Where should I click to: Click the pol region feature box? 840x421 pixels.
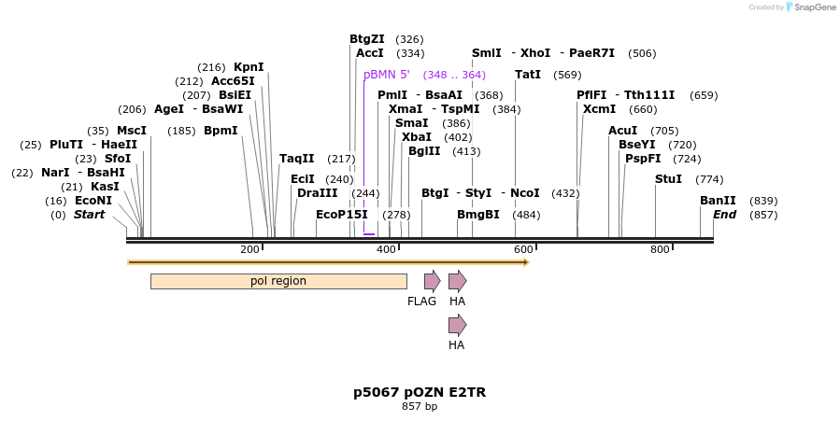[278, 281]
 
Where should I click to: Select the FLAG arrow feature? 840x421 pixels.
[432, 281]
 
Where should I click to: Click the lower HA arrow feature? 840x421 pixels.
[457, 325]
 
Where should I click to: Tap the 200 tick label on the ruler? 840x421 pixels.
[249, 249]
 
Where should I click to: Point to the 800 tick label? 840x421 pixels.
[660, 249]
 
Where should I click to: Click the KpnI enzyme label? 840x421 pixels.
[249, 67]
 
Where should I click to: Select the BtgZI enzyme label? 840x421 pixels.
[367, 39]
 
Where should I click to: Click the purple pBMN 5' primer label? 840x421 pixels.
[387, 75]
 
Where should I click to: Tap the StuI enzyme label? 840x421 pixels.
[668, 179]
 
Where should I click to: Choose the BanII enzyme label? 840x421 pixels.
[718, 201]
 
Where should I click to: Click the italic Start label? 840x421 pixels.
[90, 215]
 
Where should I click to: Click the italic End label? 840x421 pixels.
[725, 215]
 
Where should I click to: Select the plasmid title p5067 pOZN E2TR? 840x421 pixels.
[420, 392]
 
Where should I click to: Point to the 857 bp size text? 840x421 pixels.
[420, 407]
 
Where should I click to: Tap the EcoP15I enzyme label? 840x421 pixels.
[342, 215]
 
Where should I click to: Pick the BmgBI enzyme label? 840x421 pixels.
[478, 215]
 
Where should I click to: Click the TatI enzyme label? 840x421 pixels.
[528, 75]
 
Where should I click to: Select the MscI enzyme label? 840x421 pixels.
[132, 131]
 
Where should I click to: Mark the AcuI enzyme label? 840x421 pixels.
[623, 131]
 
